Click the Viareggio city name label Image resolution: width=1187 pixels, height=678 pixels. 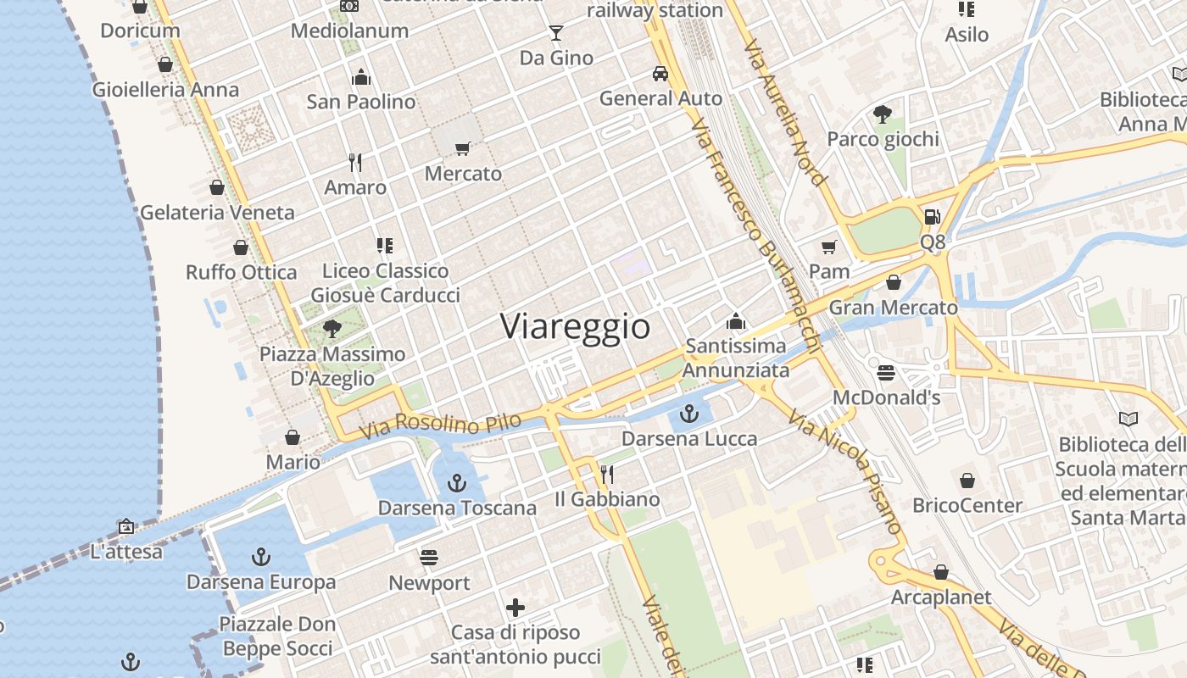click(575, 326)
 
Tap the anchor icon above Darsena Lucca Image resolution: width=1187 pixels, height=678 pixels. click(689, 414)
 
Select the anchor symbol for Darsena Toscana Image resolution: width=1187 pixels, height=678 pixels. click(457, 483)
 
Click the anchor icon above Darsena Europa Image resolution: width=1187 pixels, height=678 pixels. click(261, 557)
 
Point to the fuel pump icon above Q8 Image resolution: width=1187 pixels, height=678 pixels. click(932, 217)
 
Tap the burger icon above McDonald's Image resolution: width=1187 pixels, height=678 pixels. click(886, 373)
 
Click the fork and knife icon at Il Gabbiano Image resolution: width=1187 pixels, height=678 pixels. click(607, 474)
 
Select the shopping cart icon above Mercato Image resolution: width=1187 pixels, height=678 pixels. click(462, 149)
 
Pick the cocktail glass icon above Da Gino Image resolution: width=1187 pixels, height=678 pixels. click(556, 33)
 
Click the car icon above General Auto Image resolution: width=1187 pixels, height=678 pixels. click(660, 74)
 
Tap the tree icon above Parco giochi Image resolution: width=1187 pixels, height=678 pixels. click(883, 114)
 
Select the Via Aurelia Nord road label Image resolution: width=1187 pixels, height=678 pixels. click(783, 110)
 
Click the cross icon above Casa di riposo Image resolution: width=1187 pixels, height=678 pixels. click(515, 608)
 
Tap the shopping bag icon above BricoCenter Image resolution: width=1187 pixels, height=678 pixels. click(967, 481)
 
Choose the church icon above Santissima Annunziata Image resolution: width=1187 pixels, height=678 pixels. click(735, 321)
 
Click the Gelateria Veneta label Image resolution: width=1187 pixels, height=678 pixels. click(217, 213)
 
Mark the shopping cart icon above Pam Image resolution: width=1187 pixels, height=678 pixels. click(828, 247)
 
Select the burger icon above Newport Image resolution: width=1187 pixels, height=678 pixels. click(429, 558)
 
